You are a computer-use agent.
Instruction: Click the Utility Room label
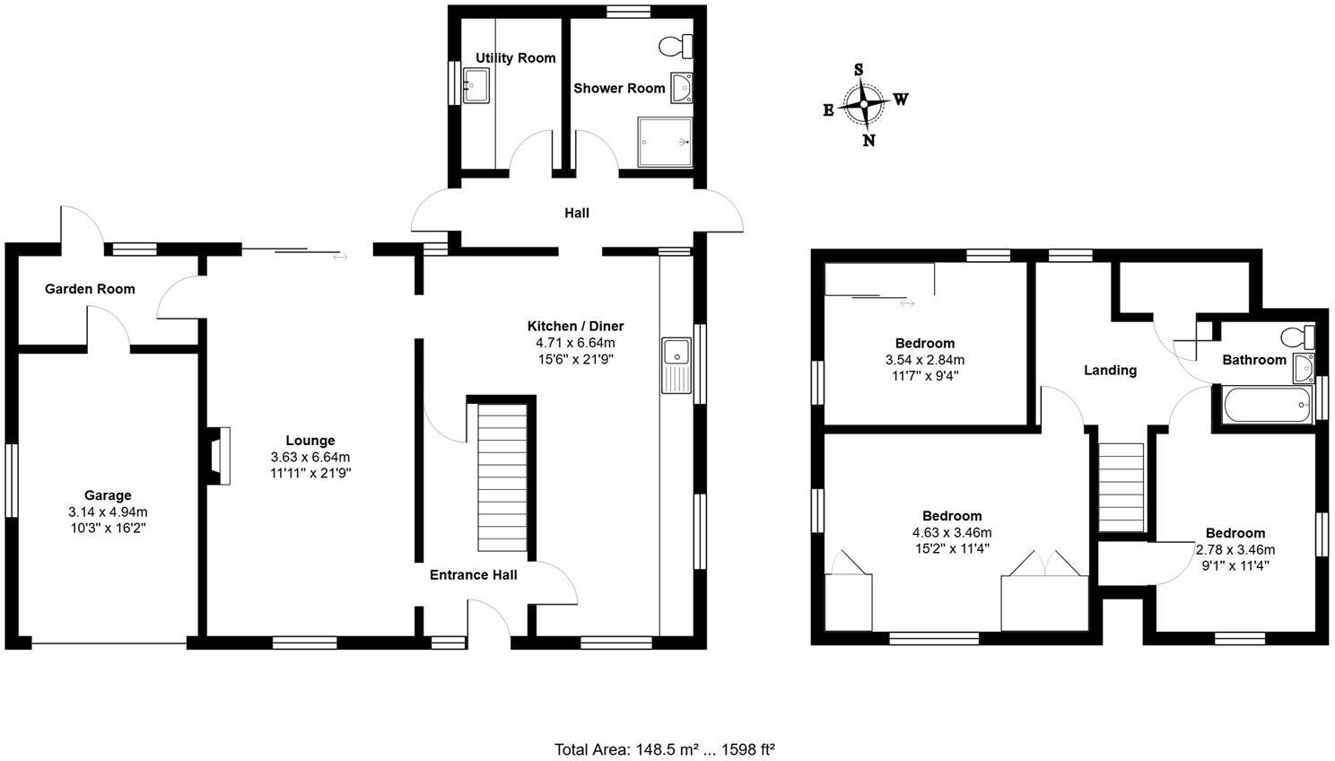coord(515,58)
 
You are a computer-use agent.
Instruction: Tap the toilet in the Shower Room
coord(676,45)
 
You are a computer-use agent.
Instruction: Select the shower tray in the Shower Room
coord(665,142)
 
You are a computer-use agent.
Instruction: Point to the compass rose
coord(863,104)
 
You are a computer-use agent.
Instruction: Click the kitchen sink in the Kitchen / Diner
coord(675,364)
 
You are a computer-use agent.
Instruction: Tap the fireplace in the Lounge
coord(218,456)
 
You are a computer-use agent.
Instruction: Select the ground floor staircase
coord(502,477)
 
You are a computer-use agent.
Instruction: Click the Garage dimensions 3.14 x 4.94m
coord(108,512)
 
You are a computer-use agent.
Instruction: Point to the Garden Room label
coord(90,289)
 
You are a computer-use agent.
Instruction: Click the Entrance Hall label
coord(473,575)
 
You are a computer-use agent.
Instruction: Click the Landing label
coord(1110,370)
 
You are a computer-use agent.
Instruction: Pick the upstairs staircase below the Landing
coord(1121,488)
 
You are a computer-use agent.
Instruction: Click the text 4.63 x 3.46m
coord(952,532)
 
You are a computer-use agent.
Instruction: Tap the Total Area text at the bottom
coord(664,748)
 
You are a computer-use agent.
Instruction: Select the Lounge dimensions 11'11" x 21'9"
coord(310,473)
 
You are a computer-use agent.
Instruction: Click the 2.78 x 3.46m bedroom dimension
coord(1235,549)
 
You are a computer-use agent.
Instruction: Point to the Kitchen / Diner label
coord(575,327)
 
